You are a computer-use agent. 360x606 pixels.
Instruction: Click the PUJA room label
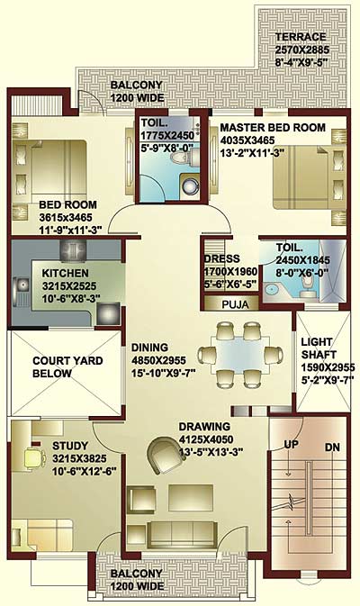[x=235, y=304]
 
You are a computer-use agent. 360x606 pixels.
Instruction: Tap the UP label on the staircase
[x=292, y=445]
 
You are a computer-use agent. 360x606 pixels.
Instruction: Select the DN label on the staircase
[x=332, y=448]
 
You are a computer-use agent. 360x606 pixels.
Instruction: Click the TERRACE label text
[x=301, y=37]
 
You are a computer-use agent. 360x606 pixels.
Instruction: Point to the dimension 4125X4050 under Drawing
[x=206, y=439]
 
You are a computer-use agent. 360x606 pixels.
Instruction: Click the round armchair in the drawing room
[x=166, y=455]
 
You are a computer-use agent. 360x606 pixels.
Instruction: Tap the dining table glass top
[x=240, y=355]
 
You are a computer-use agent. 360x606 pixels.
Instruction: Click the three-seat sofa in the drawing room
[x=183, y=534]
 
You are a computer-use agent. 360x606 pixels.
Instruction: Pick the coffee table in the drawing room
[x=191, y=497]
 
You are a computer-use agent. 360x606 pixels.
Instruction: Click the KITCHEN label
[x=66, y=273]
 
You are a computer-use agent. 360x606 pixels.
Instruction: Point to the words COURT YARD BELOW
[x=67, y=367]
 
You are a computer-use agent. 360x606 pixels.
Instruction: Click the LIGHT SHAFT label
[x=319, y=348]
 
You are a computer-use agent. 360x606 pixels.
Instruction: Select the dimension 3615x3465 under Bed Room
[x=66, y=217]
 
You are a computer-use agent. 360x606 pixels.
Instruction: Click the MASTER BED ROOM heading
[x=273, y=128]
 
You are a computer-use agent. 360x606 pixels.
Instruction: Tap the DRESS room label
[x=222, y=258]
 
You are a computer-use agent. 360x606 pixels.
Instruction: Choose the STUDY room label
[x=70, y=446]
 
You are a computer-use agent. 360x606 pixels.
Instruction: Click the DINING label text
[x=149, y=348]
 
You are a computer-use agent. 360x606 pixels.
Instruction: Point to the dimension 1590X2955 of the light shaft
[x=328, y=367]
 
